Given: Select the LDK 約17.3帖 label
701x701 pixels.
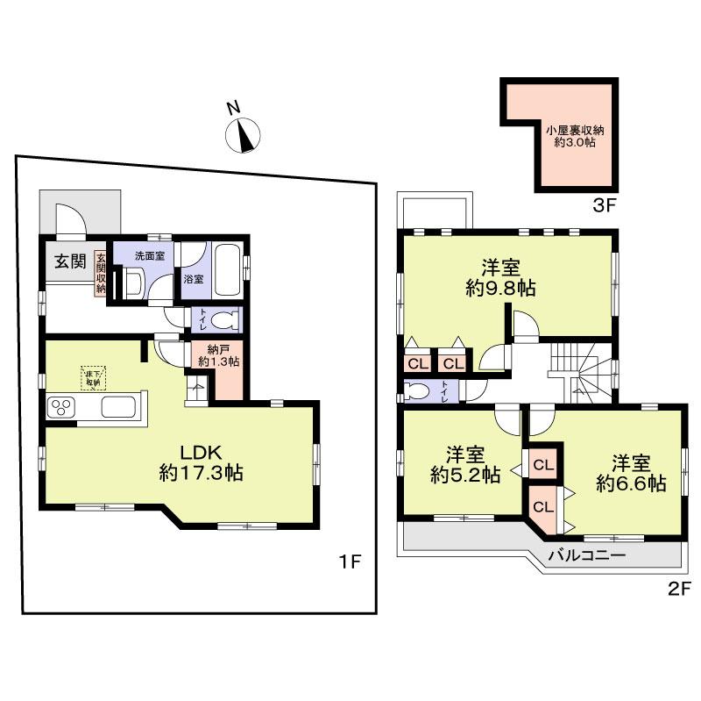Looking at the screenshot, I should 200,463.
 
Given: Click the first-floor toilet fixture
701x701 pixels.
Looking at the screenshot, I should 223,320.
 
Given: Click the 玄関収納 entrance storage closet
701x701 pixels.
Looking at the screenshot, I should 101,273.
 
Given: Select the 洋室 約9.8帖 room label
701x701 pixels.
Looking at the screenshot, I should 499,276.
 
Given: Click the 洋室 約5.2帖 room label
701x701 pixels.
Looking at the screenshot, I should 464,465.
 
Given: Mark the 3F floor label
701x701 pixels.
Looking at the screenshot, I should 605,208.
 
